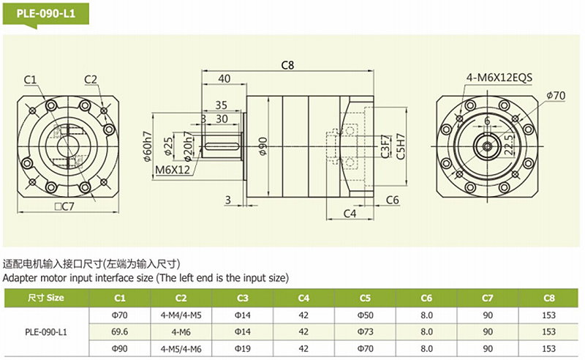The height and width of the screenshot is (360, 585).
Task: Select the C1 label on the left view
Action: point(30,79)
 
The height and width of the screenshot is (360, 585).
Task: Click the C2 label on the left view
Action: point(91,79)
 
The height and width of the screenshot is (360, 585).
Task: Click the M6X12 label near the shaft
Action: point(173,170)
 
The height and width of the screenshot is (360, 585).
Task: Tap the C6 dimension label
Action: point(391,199)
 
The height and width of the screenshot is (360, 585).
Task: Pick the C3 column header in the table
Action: point(243,298)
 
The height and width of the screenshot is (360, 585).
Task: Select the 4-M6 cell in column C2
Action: point(181,331)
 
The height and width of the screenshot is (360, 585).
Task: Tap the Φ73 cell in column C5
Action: point(366,331)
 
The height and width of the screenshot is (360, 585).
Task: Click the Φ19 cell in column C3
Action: point(243,348)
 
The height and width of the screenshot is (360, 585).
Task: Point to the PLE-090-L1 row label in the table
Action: point(46,331)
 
